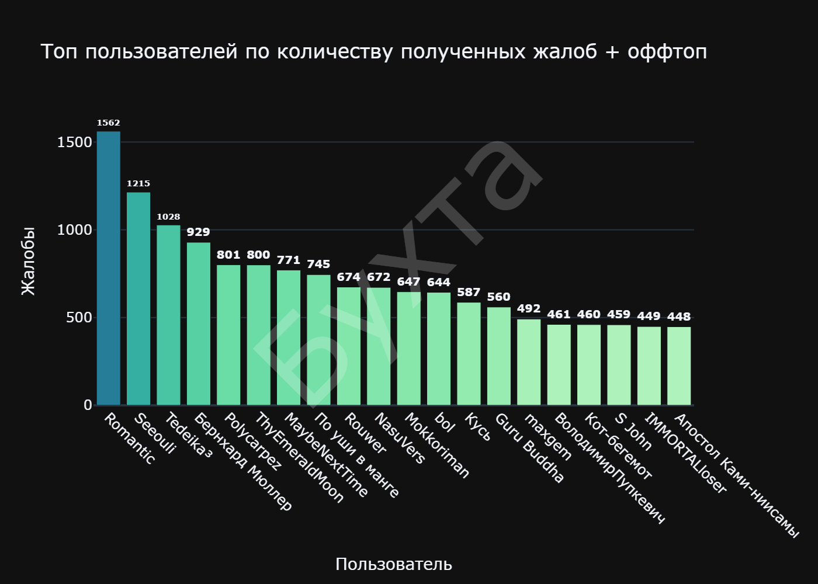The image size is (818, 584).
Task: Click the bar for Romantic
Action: (109, 269)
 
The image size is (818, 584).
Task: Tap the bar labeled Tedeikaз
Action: (168, 315)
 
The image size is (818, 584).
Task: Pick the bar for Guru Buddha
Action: (498, 356)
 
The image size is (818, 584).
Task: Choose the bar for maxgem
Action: (529, 362)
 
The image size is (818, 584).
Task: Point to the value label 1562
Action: (109, 123)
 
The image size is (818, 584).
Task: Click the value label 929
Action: (198, 232)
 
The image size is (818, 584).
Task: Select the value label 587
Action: (469, 292)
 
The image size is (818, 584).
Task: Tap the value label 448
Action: (679, 317)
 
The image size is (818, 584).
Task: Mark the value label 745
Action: (318, 264)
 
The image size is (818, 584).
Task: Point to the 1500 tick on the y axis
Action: (75, 142)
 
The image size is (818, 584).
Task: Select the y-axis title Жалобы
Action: (28, 261)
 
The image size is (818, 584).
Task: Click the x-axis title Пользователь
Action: (393, 564)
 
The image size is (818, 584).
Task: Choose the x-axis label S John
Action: (633, 432)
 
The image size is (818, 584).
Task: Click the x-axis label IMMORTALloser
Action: (685, 453)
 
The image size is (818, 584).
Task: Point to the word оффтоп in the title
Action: (667, 52)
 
